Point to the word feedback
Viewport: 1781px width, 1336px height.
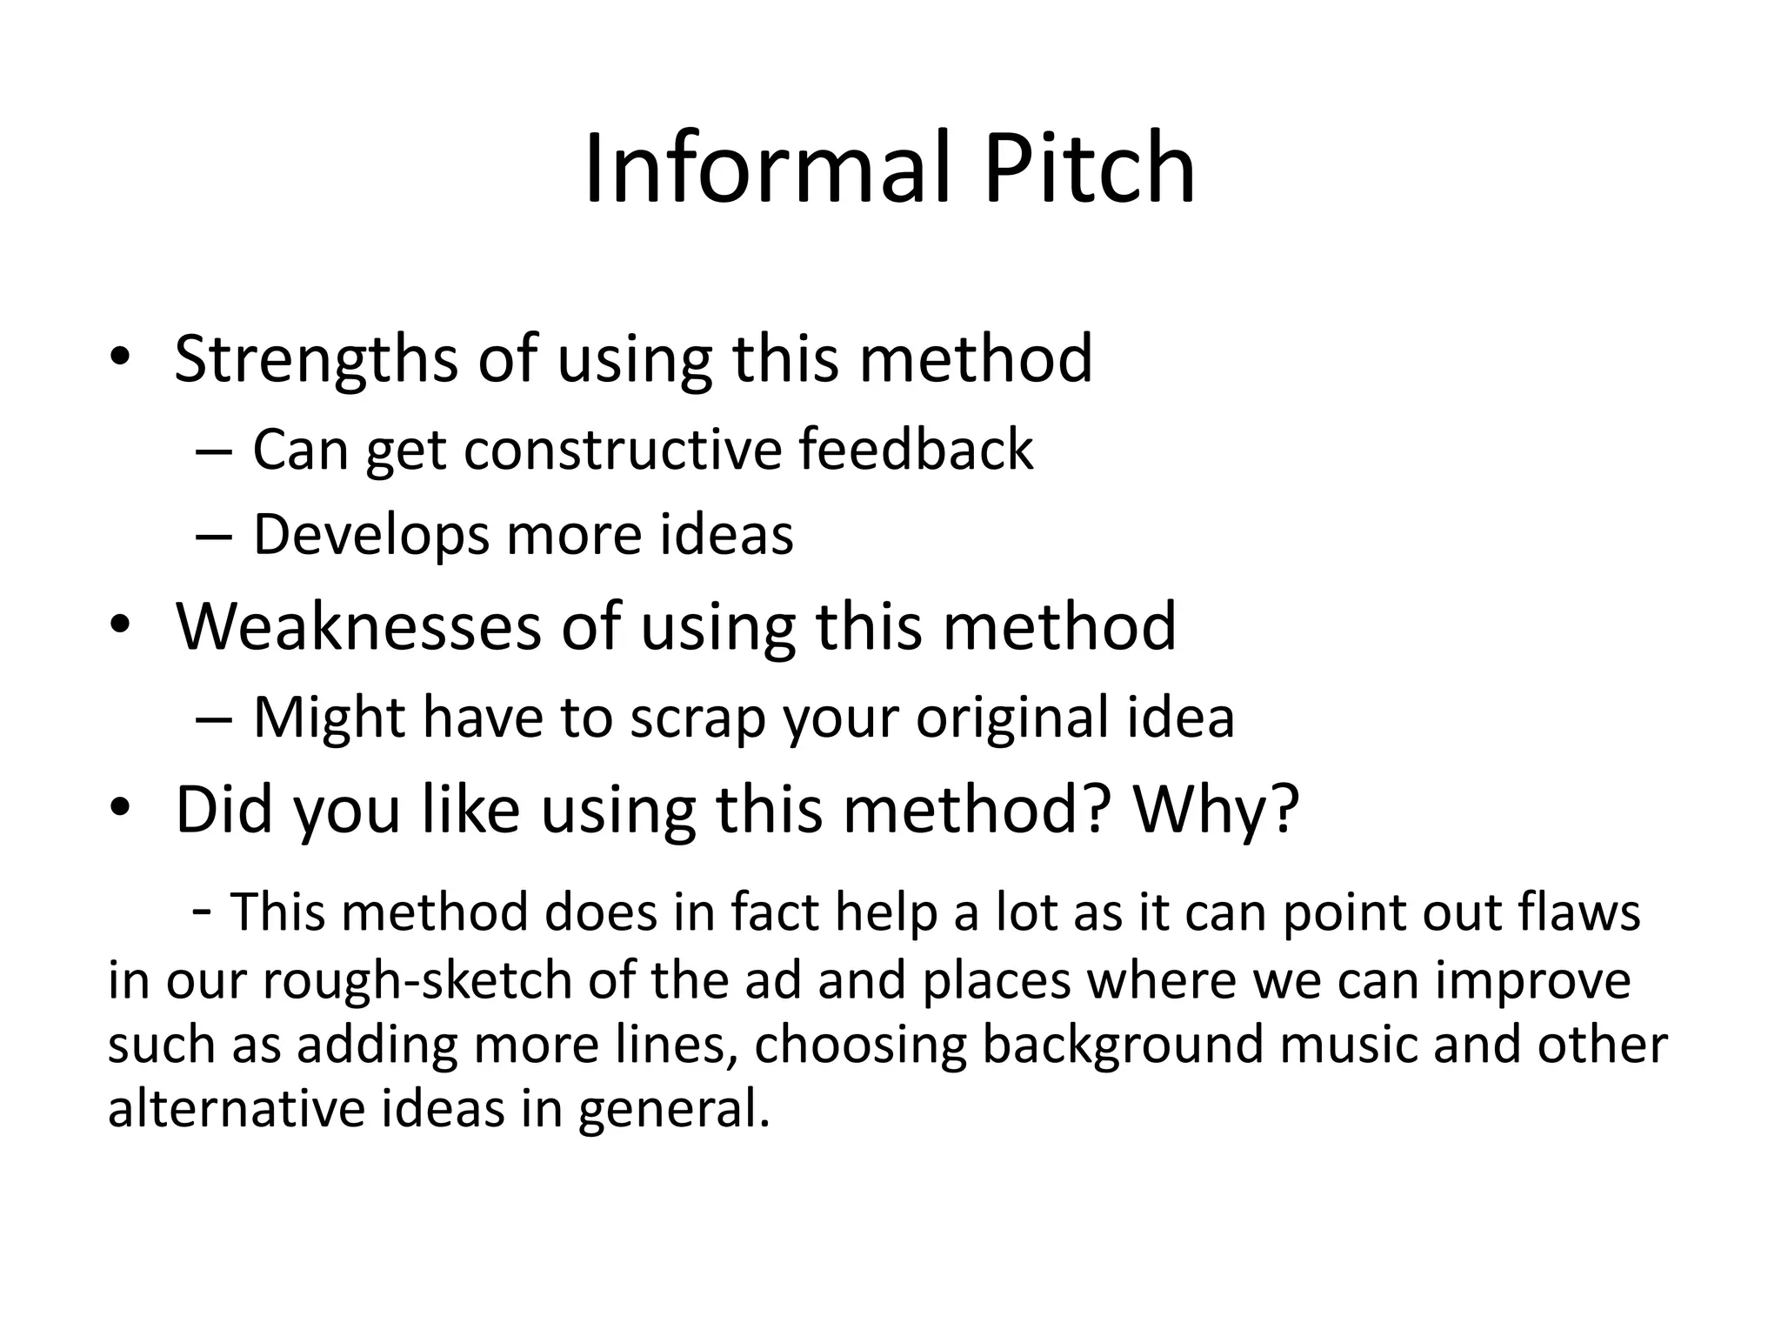[916, 450]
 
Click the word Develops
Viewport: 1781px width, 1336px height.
[371, 534]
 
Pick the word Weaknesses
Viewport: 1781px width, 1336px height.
[358, 626]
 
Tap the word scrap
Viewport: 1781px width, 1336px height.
[697, 718]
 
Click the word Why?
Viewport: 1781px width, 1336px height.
[1216, 809]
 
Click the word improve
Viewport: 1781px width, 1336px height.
[1533, 980]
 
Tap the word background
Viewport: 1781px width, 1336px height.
[1123, 1045]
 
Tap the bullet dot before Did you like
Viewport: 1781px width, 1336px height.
[120, 809]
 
